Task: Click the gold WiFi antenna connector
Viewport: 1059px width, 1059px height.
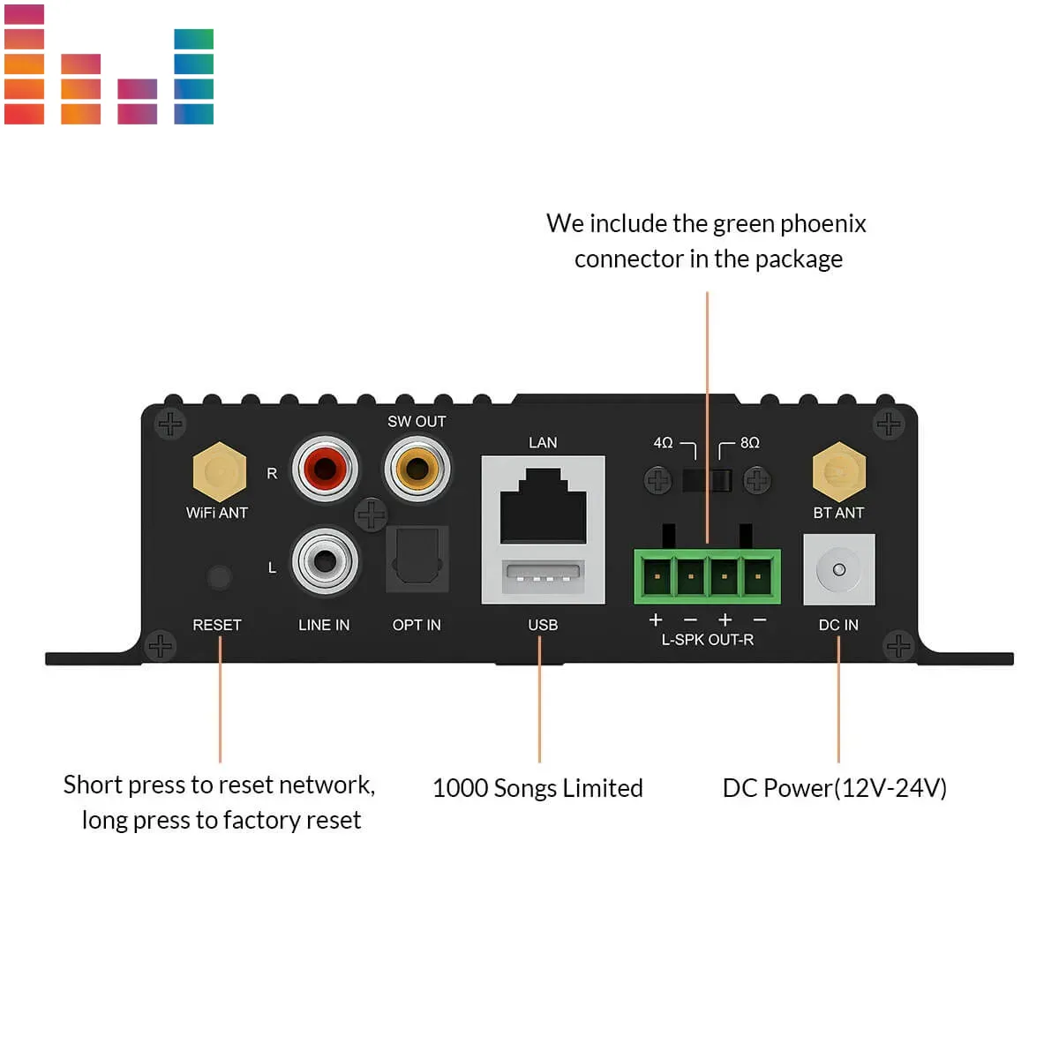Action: [219, 471]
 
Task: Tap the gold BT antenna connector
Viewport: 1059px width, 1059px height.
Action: [838, 471]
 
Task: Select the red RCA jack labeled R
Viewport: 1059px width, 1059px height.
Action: [325, 468]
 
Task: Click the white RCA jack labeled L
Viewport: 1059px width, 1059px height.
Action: [325, 560]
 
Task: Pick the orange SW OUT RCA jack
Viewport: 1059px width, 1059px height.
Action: [417, 468]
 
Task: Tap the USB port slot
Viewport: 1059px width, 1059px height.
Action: [543, 578]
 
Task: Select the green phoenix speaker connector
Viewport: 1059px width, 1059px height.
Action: [707, 576]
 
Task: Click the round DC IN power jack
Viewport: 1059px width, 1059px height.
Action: [839, 569]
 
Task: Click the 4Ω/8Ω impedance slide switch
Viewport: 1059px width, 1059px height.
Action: [707, 480]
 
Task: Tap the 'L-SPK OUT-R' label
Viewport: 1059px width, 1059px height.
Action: [707, 640]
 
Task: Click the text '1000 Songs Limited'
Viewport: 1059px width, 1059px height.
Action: [537, 788]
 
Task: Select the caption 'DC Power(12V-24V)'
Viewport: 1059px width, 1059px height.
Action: [834, 788]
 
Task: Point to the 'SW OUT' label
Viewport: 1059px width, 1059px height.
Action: [417, 422]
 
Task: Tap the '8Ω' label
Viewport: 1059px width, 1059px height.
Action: [749, 442]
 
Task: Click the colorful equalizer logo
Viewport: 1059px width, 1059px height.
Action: [109, 64]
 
